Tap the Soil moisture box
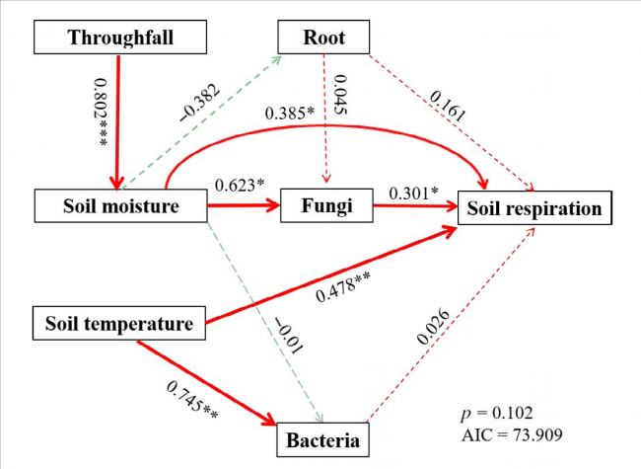tap(120, 206)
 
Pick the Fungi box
tap(319, 207)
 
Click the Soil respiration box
tap(534, 207)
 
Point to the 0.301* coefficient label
tap(415, 194)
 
